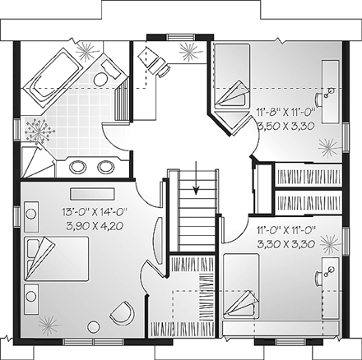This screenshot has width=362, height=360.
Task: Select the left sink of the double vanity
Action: [x=78, y=167]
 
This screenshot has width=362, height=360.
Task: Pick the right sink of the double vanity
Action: [x=104, y=167]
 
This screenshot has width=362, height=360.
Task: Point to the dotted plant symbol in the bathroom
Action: [x=38, y=129]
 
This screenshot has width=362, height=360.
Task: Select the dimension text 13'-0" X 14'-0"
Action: [x=91, y=211]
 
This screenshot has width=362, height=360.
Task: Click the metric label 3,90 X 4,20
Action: [x=91, y=224]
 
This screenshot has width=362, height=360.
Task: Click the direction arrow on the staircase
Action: [x=197, y=190]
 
